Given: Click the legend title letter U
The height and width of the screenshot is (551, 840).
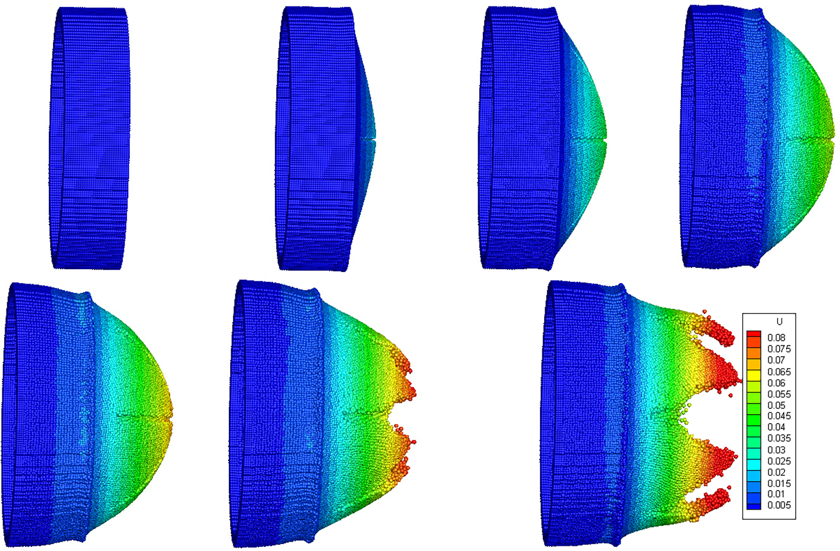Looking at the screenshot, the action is pos(779,321).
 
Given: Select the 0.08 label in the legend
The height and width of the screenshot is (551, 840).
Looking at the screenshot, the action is pos(776,338).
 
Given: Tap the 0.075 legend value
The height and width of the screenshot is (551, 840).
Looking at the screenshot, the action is pos(779,349).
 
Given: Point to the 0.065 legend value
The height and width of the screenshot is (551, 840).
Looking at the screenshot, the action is pos(779,372).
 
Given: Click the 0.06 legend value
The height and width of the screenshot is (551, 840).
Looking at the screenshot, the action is pos(776,383).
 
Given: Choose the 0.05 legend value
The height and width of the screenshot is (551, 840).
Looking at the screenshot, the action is pos(776,405).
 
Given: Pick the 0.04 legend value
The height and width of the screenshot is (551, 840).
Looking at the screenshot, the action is pos(776,427).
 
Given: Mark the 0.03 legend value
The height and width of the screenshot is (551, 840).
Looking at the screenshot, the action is pos(776,450).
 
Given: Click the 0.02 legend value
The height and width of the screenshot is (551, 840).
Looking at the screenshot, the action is pos(776,472).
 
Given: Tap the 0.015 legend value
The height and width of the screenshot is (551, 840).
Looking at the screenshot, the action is pos(779,483).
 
